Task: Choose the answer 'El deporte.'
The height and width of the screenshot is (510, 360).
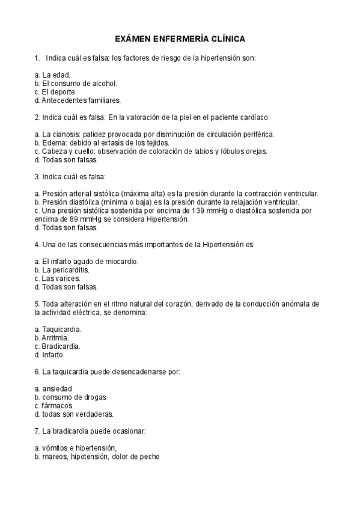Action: (x=59, y=91)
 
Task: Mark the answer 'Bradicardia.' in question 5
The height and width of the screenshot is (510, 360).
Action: (x=61, y=346)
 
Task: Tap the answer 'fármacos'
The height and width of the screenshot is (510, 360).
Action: (x=57, y=406)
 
